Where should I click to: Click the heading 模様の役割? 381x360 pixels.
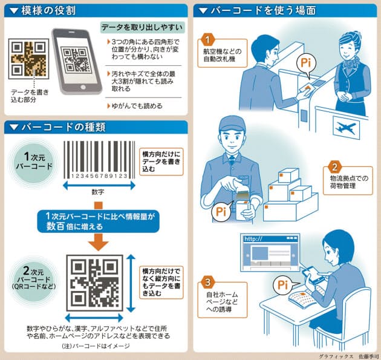[x=42, y=10]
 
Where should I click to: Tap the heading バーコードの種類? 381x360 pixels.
[x=54, y=128]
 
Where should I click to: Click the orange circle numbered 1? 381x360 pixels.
[x=207, y=41]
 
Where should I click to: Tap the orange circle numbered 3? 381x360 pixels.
[x=207, y=282]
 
